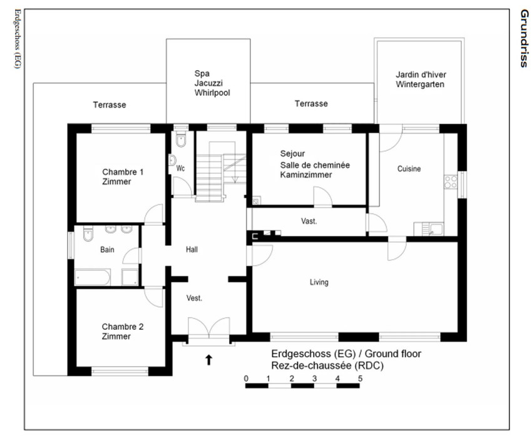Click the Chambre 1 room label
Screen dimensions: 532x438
pyautogui.click(x=123, y=176)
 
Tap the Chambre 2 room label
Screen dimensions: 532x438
pyautogui.click(x=123, y=332)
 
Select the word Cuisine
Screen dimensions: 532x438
pyautogui.click(x=409, y=168)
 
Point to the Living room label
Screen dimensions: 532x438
pyautogui.click(x=319, y=282)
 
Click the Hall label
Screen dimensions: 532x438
pyautogui.click(x=192, y=250)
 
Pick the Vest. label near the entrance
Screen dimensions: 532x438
pyautogui.click(x=194, y=298)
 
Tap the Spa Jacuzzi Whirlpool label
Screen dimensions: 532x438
pyautogui.click(x=212, y=83)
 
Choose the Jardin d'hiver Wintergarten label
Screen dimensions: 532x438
pyautogui.click(x=421, y=79)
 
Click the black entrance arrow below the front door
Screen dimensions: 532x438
pyautogui.click(x=208, y=360)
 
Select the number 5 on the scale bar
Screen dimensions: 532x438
pyautogui.click(x=360, y=379)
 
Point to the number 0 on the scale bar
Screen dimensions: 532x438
pyautogui.click(x=246, y=379)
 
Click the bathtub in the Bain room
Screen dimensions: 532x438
pyautogui.click(x=92, y=277)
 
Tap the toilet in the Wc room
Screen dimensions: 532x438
pyautogui.click(x=181, y=139)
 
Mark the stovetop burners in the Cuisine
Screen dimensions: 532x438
pyautogui.click(x=451, y=182)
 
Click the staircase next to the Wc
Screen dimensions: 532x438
pyautogui.click(x=220, y=176)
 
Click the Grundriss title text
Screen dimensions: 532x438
pyautogui.click(x=524, y=38)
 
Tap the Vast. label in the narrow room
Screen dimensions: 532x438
pyautogui.click(x=309, y=222)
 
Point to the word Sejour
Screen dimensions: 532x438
pyautogui.click(x=292, y=154)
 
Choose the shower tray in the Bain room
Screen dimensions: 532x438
pyautogui.click(x=130, y=277)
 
